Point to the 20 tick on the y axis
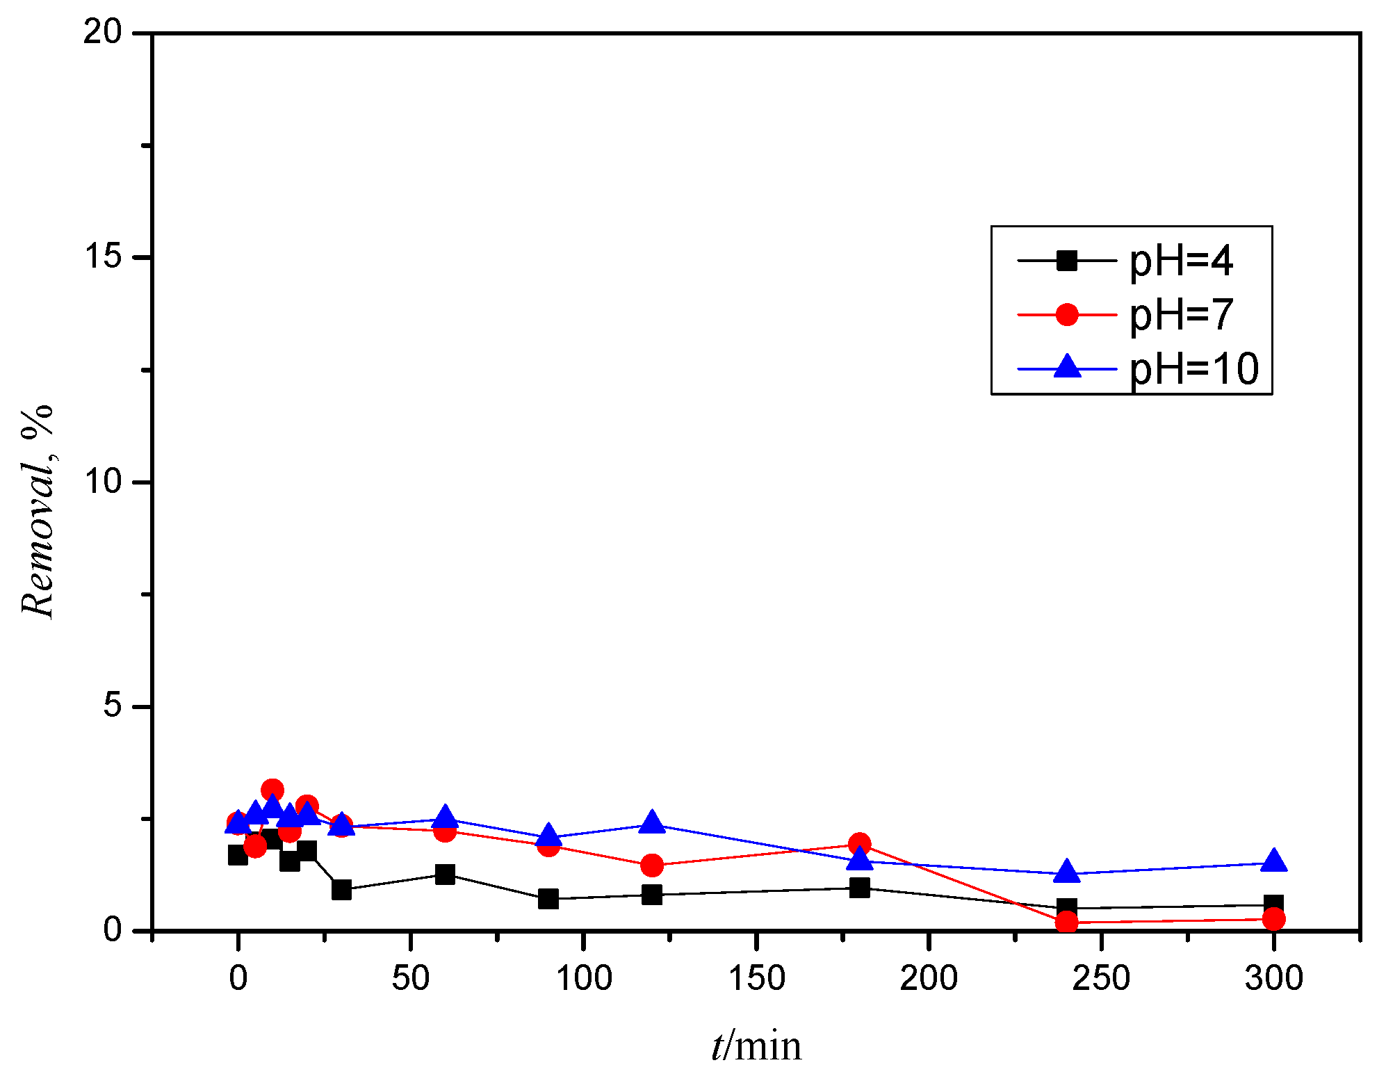[102, 32]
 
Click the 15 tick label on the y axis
[102, 257]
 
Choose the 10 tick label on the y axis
[102, 481]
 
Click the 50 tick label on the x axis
[411, 978]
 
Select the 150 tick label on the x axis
[756, 978]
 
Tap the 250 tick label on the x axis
[1101, 978]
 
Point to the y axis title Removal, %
[38, 511]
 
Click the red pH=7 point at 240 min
[1066, 922]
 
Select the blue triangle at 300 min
[1273, 861]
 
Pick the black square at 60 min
[445, 875]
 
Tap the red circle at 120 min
[652, 865]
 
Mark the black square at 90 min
[548, 899]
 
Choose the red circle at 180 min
[859, 844]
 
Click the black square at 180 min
[859, 888]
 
